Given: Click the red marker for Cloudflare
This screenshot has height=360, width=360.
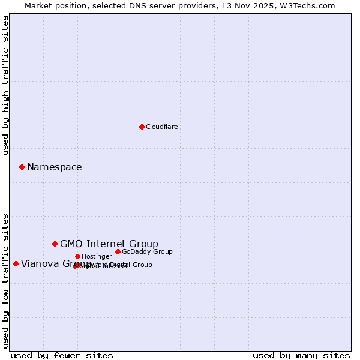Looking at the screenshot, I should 142,127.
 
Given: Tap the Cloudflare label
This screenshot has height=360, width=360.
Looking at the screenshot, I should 162,127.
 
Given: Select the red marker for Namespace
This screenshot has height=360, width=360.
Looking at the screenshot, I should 22,167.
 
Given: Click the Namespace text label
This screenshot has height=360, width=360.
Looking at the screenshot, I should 55,167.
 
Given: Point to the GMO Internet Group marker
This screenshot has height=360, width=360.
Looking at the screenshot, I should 55,244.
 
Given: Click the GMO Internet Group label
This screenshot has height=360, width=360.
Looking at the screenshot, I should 109,244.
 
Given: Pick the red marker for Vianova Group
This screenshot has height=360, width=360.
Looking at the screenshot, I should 16,263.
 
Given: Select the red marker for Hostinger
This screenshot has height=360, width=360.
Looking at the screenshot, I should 77,256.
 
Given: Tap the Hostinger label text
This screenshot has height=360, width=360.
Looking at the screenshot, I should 97,257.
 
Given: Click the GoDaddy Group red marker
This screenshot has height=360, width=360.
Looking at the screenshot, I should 118,251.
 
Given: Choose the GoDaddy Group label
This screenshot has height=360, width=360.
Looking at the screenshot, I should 147,252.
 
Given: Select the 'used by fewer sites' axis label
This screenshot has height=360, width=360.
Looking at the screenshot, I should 62,355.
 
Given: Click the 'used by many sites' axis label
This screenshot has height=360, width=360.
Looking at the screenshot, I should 301,355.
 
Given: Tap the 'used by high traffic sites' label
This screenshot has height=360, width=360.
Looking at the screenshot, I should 5,85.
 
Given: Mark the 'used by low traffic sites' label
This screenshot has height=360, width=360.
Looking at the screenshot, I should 5,281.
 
